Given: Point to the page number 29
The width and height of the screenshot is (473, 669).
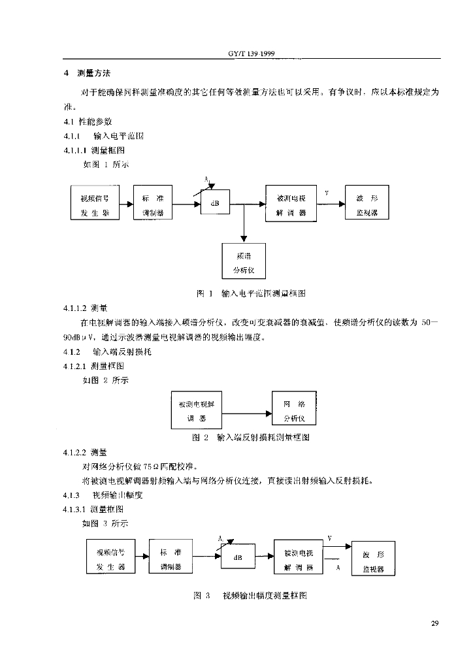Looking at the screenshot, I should (x=435, y=621).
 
